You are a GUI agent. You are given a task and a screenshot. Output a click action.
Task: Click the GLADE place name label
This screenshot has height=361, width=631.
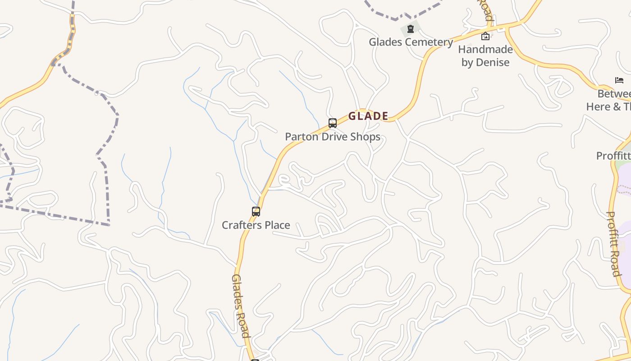coord(368,116)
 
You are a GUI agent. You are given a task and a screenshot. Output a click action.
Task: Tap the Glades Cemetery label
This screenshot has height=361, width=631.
coord(411,42)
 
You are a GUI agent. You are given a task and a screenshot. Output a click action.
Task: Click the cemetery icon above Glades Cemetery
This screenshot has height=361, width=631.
coord(411,29)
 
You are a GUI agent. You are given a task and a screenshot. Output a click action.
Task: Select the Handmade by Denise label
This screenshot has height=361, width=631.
coord(485,56)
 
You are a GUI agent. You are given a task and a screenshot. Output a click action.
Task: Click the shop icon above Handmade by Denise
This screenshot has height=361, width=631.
coord(485,36)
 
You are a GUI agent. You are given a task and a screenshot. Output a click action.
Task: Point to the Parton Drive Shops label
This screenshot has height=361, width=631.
coord(333,137)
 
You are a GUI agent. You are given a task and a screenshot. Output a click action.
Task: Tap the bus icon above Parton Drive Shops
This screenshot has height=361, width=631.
coord(333,123)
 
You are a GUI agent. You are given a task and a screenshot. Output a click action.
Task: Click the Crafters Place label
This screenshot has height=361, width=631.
coord(256,225)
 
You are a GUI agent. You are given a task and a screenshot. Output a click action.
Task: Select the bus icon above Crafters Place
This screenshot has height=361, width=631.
coord(256,211)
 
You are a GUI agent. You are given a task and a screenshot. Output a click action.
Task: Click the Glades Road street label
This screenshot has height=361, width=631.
coord(240,305)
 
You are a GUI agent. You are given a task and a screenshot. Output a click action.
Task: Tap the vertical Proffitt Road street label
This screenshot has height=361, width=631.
coord(613,243)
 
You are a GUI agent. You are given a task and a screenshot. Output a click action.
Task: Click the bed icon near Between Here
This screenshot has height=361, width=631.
coord(619,80)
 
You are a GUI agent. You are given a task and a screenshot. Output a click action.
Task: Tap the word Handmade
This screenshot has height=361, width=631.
coord(485,49)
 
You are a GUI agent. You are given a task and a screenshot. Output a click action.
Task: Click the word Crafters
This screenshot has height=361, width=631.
coord(241,225)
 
